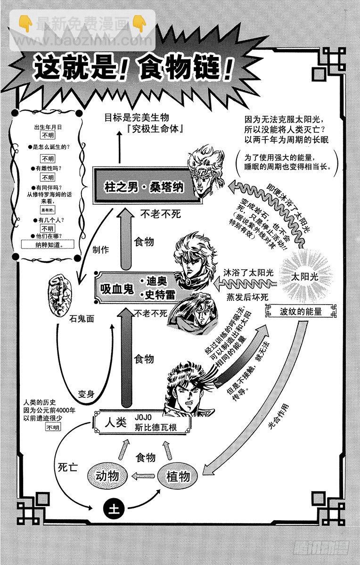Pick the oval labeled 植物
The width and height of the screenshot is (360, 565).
point(178,476)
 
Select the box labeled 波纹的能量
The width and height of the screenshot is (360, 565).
point(300,311)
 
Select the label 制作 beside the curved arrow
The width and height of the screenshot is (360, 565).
point(100,249)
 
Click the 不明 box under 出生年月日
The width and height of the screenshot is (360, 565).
point(48,135)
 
